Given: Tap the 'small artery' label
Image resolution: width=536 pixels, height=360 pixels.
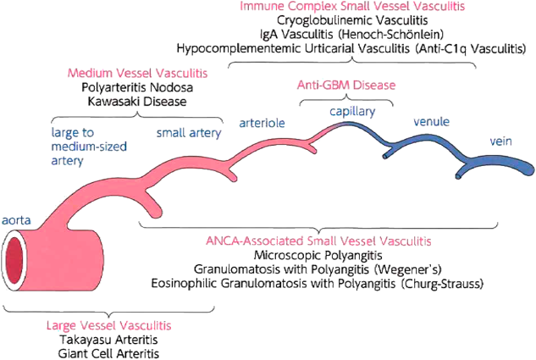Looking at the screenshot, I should (x=189, y=133).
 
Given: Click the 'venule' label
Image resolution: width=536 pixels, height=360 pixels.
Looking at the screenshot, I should (x=430, y=122).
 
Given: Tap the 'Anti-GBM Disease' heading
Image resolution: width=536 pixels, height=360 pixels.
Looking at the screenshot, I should (x=345, y=86).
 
